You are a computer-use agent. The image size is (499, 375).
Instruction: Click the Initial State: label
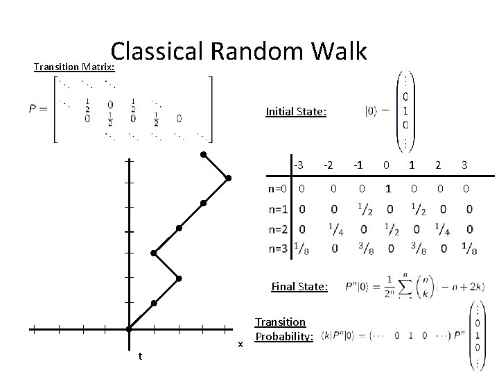click(x=296, y=111)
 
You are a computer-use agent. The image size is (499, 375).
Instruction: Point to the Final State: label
click(x=299, y=285)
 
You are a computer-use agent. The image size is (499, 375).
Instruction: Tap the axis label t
click(x=140, y=356)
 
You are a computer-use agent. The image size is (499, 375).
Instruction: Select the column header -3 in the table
click(x=299, y=165)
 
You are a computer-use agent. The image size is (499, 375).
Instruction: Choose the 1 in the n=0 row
click(x=388, y=188)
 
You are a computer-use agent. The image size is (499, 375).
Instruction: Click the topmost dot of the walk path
click(x=203, y=154)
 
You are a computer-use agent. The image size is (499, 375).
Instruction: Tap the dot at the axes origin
click(x=129, y=328)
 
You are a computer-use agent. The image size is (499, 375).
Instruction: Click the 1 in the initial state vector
click(x=405, y=110)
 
